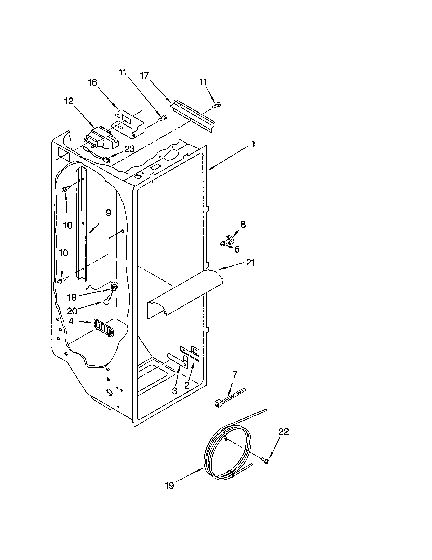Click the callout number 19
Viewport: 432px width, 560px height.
tap(170, 486)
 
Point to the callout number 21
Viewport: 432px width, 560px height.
tap(250, 263)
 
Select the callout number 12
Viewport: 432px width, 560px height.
tap(69, 101)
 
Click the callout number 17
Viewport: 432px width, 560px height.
tap(144, 76)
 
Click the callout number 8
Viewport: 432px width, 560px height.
tap(243, 224)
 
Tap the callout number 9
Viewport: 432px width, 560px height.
tap(108, 213)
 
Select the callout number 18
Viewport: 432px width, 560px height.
tap(72, 297)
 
